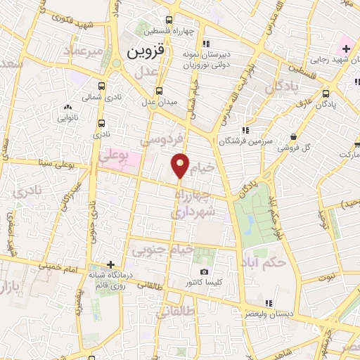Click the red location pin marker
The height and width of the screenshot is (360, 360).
pos(181,165)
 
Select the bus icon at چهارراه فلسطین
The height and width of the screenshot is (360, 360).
pos(169,20)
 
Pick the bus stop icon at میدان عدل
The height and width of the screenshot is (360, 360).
pos(158,91)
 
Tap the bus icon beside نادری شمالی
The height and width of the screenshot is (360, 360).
pos(103,86)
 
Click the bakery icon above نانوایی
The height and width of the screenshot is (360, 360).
pos(68,107)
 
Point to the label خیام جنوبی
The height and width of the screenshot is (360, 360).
pos(163,249)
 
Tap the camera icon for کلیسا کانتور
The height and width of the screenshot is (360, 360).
pos(204,271)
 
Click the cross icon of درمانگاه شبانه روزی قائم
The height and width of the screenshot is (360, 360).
pos(110,265)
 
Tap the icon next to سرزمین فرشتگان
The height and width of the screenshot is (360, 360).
pos(245,130)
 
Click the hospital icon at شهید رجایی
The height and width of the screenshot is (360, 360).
pos(345,49)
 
